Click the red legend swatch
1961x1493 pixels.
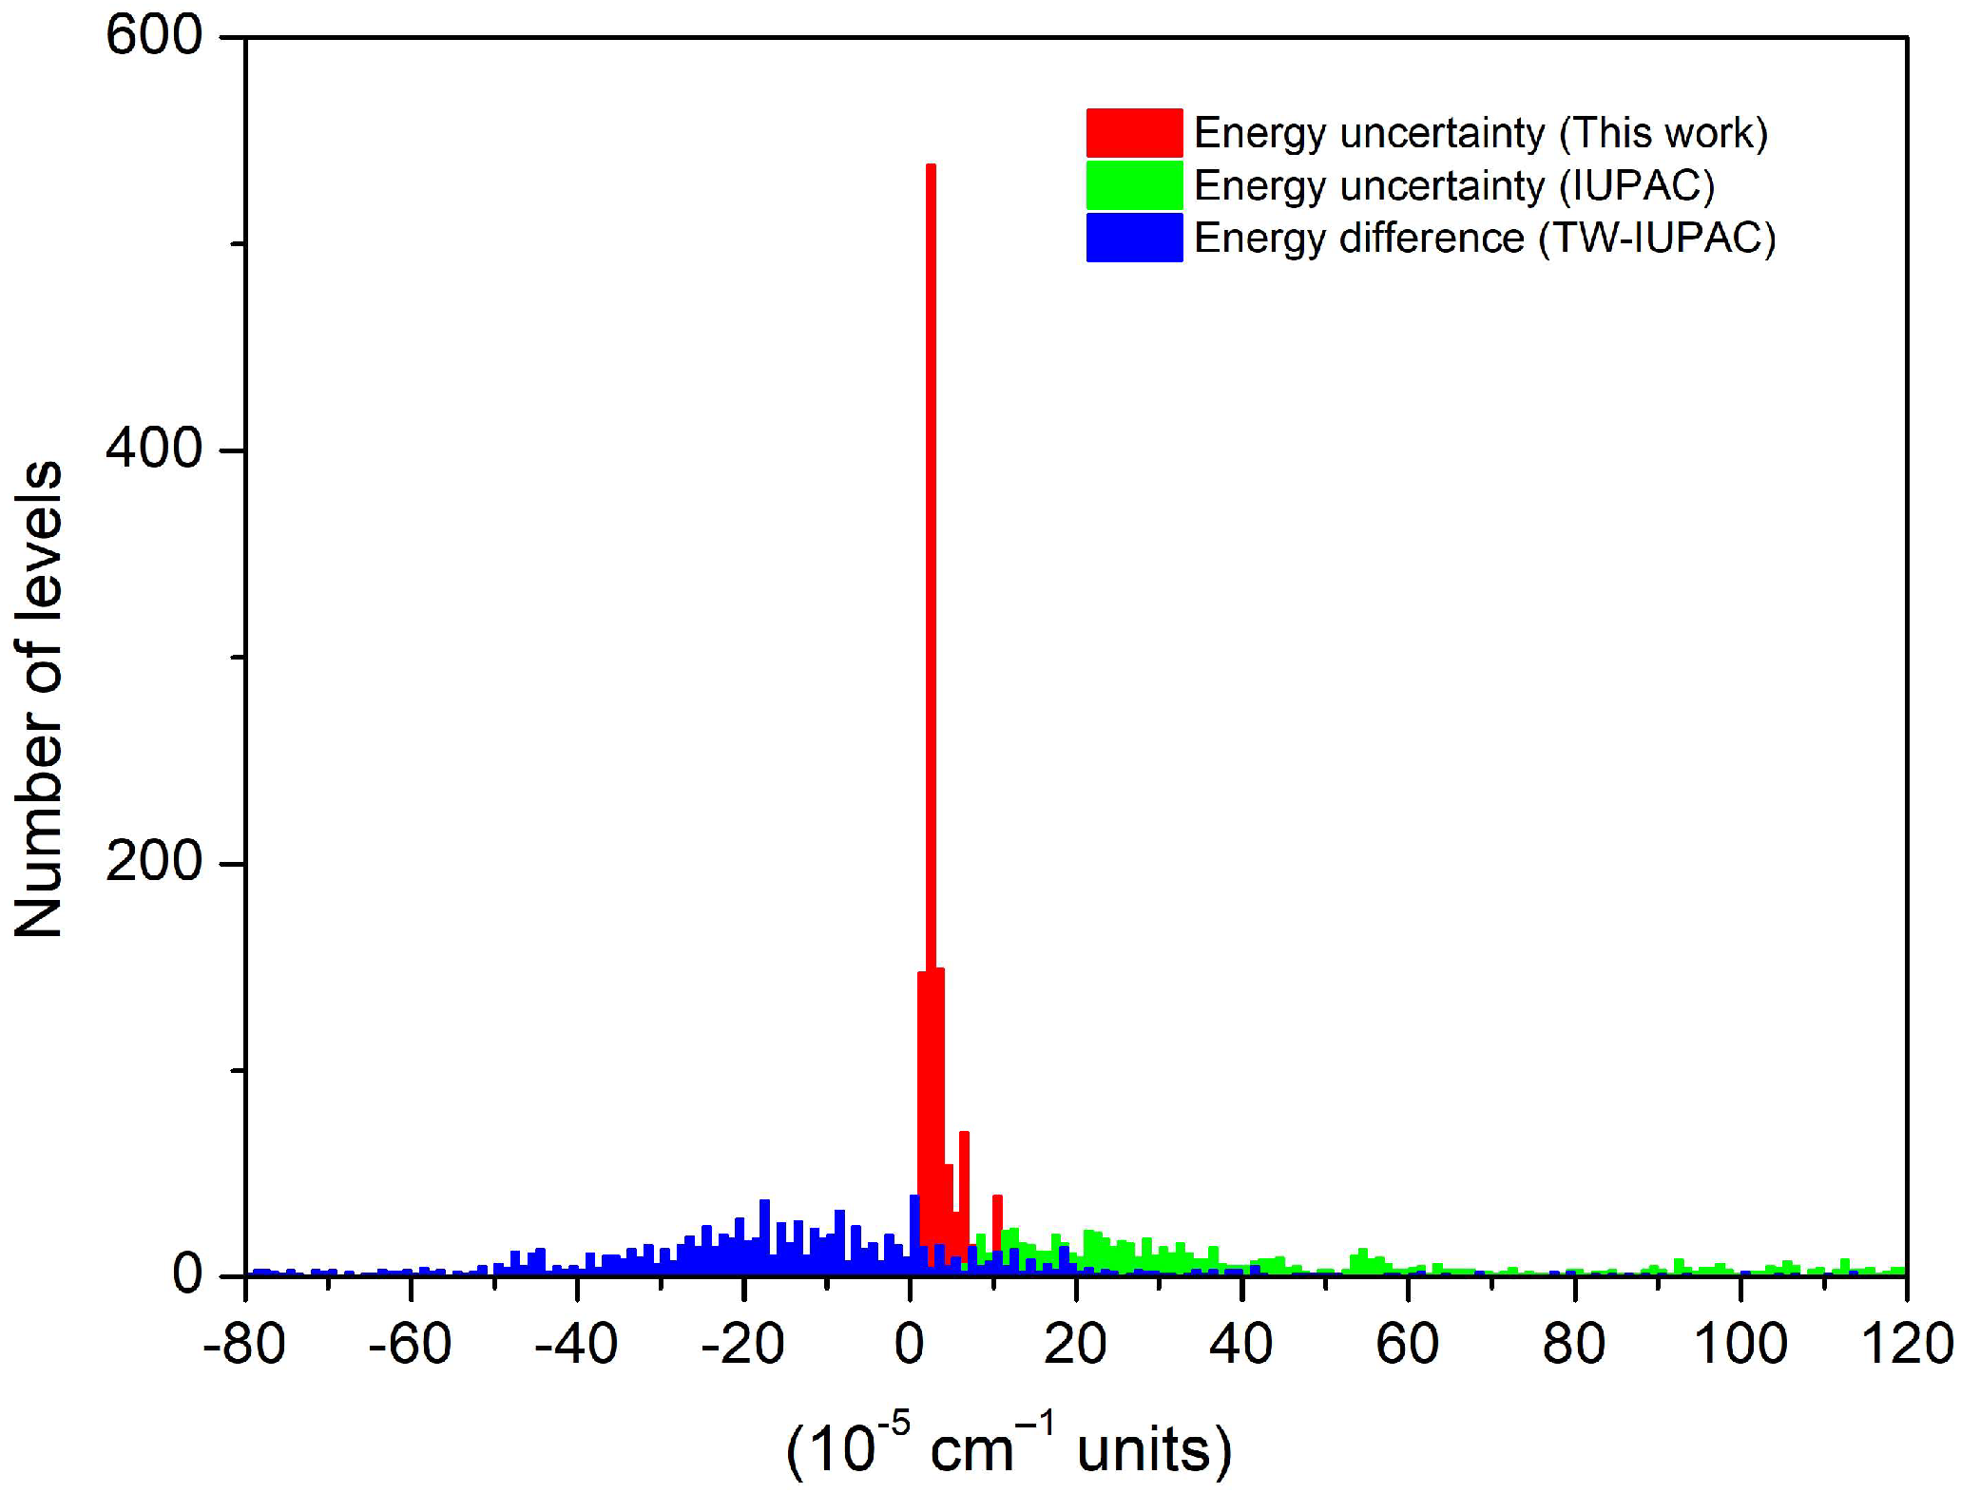point(1134,133)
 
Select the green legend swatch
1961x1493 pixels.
point(1134,185)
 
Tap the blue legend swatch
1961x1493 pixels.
point(1134,238)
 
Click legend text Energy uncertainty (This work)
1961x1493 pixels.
point(1480,133)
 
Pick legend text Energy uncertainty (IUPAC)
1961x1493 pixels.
point(1453,185)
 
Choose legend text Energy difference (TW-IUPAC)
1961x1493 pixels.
point(1484,238)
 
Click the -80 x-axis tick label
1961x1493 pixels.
point(244,1345)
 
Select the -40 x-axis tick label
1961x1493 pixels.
point(576,1345)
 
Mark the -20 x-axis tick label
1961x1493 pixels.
point(742,1345)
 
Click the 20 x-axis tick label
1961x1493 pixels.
point(1075,1345)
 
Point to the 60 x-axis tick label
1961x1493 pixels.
point(1408,1345)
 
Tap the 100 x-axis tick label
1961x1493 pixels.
point(1740,1345)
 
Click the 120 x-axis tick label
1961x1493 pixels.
point(1906,1345)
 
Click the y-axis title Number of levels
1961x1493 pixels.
point(38,700)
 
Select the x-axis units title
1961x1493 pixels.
point(1009,1448)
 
